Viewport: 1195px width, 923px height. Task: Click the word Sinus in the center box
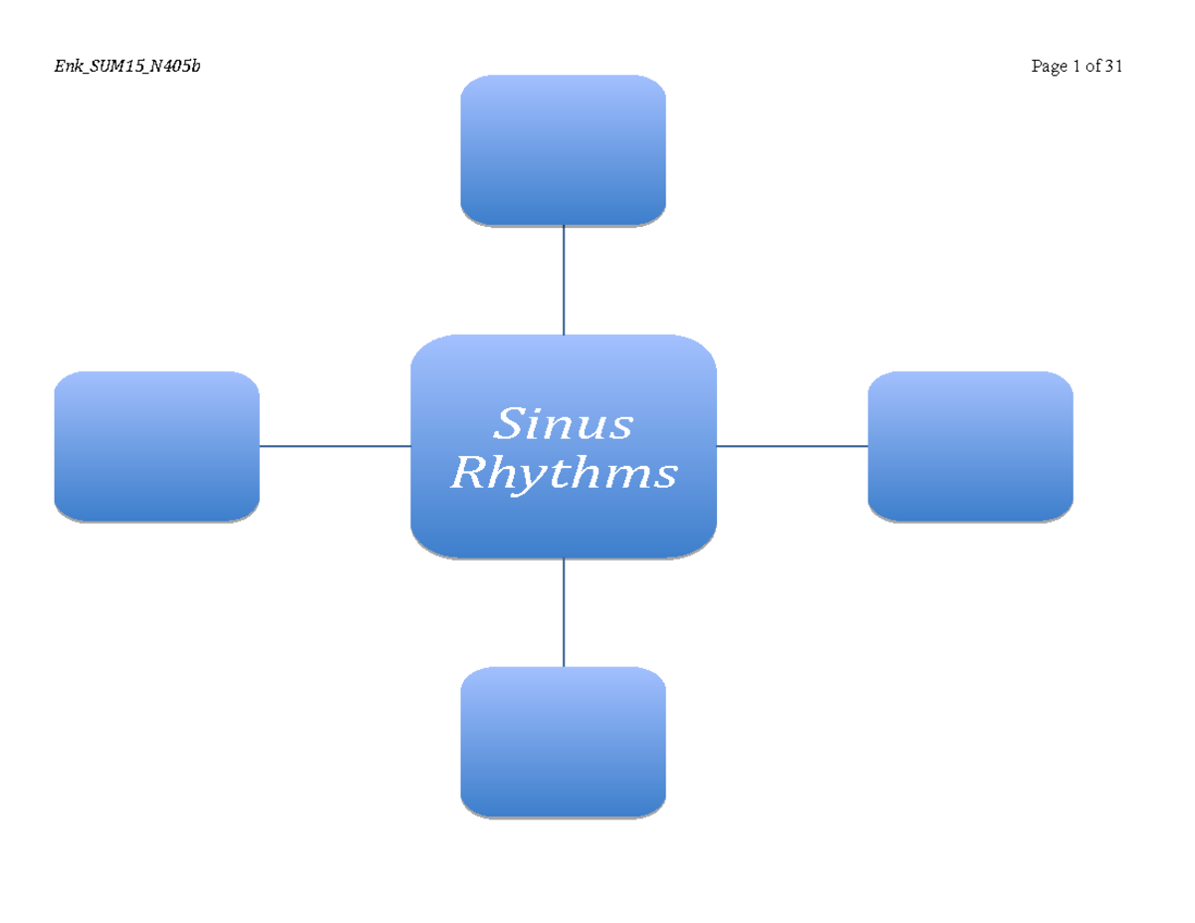point(564,424)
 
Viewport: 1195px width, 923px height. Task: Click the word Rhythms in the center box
point(564,474)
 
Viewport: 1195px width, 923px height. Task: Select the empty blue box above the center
point(563,149)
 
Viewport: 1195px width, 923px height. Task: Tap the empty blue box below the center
point(563,742)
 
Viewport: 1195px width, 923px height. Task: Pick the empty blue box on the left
point(156,446)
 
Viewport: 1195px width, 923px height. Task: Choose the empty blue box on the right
point(970,446)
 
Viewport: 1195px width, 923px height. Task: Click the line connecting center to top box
point(564,281)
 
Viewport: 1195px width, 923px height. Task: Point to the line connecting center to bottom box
point(564,612)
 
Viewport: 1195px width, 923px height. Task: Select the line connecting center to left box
point(335,446)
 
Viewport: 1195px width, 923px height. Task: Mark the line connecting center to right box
point(792,446)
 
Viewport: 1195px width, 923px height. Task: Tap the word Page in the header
point(1049,68)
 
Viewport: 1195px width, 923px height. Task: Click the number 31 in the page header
point(1113,67)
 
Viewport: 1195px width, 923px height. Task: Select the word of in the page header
point(1092,67)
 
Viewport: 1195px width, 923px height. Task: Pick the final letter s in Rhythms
point(665,476)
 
